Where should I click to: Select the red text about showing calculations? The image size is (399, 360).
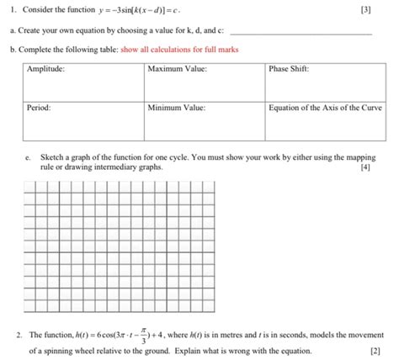[x=191, y=50]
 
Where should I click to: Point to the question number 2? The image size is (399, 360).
[x=18, y=335]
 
